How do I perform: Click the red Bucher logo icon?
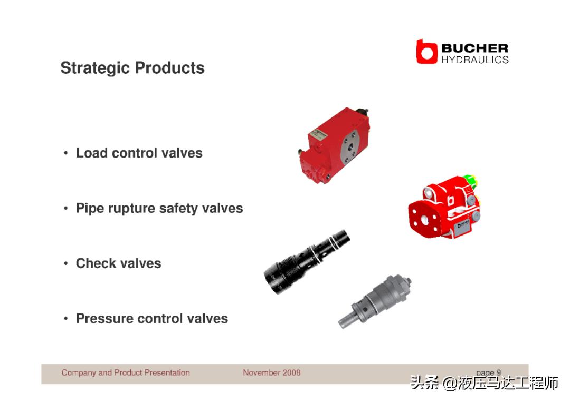pyautogui.click(x=426, y=52)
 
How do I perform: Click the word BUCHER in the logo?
pyautogui.click(x=475, y=48)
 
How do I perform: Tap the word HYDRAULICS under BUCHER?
pyautogui.click(x=475, y=60)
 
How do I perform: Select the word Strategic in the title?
pyautogui.click(x=95, y=68)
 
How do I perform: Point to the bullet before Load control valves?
pyautogui.click(x=65, y=153)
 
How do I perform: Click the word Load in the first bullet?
pyautogui.click(x=92, y=153)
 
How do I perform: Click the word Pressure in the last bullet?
pyautogui.click(x=104, y=318)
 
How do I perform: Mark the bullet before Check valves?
pyautogui.click(x=65, y=263)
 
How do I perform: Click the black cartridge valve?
pyautogui.click(x=306, y=261)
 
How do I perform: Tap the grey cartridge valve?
pyautogui.click(x=375, y=301)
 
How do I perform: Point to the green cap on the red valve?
pyautogui.click(x=471, y=180)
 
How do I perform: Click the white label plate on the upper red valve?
pyautogui.click(x=318, y=134)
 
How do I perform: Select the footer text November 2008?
pyautogui.click(x=272, y=372)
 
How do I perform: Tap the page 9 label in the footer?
pyautogui.click(x=489, y=372)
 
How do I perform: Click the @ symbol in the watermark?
pyautogui.click(x=450, y=384)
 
